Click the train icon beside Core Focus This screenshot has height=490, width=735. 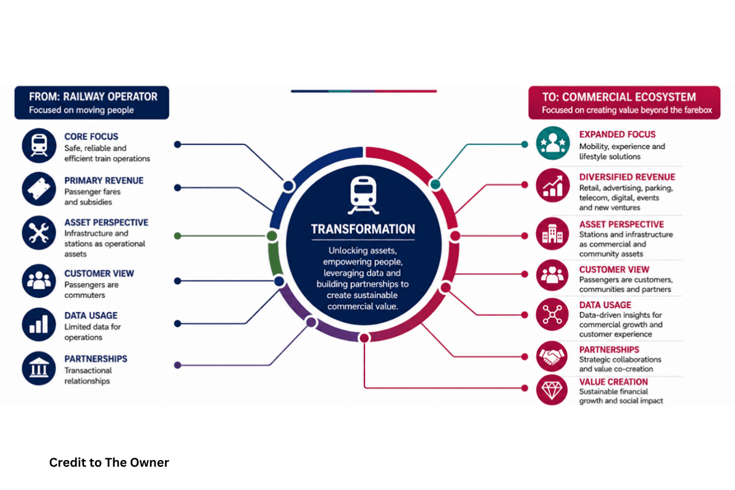[39, 146]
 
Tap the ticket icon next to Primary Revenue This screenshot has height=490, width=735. [39, 189]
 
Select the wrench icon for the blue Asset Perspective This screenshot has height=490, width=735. [39, 233]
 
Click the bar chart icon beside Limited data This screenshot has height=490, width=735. [39, 324]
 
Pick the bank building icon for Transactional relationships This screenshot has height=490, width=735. [39, 368]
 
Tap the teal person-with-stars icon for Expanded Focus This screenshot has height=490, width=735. [553, 143]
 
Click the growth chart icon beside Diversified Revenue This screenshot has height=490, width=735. [553, 186]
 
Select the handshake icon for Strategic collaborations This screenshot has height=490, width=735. [552, 356]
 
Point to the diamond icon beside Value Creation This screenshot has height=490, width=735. [552, 390]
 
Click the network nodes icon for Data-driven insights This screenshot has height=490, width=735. [552, 315]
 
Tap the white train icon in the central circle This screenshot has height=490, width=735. [363, 195]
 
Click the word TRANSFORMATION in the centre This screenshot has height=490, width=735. [363, 229]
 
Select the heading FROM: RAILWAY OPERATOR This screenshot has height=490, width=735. [93, 97]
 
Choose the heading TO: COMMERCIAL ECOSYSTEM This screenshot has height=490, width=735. [619, 97]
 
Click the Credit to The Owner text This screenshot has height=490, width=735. [109, 462]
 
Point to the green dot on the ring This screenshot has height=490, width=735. [272, 236]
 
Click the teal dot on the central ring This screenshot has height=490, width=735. [435, 184]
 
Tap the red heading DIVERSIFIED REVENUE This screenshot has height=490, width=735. [627, 177]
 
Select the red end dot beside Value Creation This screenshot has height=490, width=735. [525, 388]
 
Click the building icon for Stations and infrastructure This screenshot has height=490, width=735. [552, 234]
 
